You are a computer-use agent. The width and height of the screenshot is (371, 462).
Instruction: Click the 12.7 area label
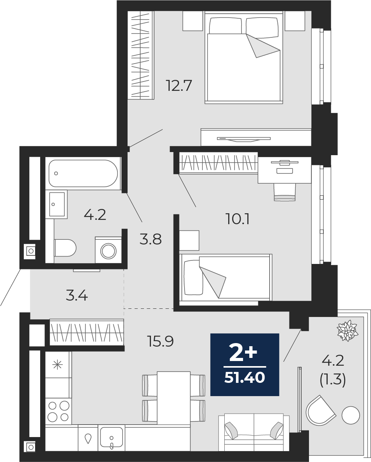pos(179,86)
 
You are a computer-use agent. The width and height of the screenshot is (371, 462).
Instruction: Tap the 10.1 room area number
pos(238,219)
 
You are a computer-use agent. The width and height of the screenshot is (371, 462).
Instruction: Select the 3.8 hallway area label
pos(151,239)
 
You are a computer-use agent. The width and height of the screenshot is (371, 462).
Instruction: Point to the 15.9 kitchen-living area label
pos(160,342)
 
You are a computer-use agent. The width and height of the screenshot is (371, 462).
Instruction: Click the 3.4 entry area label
pos(77,296)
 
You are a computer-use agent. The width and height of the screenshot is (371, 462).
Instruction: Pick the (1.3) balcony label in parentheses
pos(333,380)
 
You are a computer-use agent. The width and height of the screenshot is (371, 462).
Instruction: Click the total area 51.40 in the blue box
pos(245,377)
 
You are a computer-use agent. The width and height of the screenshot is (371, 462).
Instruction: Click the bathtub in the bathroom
pos(83,173)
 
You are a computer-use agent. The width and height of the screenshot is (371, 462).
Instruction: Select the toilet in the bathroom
pos(65,248)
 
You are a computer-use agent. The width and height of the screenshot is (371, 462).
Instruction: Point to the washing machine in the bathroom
pos(108,250)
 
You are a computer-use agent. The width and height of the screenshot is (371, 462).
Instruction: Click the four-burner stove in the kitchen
pos(59,411)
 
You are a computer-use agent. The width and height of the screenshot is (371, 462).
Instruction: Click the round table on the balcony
pos(351,415)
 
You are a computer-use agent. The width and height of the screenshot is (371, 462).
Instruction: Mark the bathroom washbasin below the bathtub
pos(57,204)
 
